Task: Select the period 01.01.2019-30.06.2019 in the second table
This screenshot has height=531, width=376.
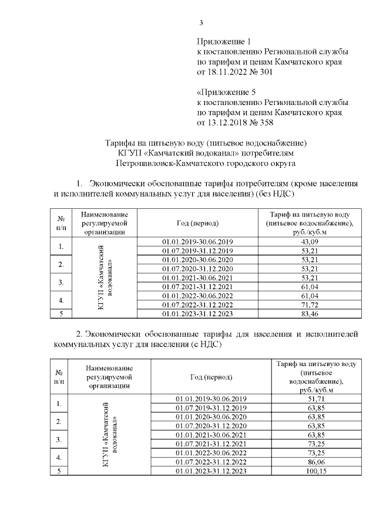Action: [x=212, y=399]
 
